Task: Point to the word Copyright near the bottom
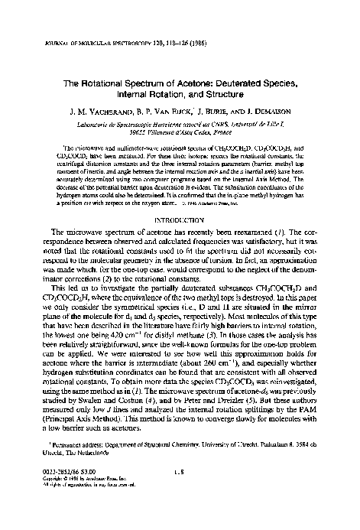[x=51, y=503]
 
